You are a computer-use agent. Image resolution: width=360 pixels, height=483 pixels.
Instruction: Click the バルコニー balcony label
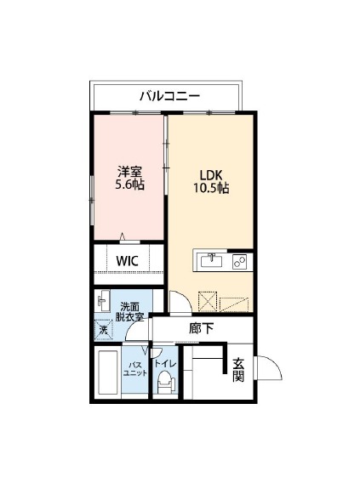[x=170, y=96]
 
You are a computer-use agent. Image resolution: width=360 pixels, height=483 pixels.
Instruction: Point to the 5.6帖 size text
[x=129, y=185]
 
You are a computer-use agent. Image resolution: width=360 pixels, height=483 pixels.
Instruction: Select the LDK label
[x=211, y=175]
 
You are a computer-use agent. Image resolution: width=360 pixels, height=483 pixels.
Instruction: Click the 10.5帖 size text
[x=211, y=188]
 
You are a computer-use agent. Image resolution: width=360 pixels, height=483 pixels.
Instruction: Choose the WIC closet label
[x=127, y=261]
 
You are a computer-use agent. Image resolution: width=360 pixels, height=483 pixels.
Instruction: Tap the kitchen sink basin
[x=211, y=261]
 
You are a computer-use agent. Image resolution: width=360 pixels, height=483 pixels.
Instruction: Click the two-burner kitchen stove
[x=239, y=262]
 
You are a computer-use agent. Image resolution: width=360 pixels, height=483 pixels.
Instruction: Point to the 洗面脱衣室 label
[x=129, y=312]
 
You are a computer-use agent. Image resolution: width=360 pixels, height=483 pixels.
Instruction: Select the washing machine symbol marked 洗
[x=103, y=331]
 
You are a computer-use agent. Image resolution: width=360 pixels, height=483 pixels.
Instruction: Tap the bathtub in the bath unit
[x=108, y=372]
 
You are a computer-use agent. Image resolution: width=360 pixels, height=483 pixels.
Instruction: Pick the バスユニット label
[x=135, y=369]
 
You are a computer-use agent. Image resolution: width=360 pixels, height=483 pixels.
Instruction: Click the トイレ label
[x=165, y=364]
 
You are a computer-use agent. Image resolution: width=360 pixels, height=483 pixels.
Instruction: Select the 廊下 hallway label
[x=201, y=329]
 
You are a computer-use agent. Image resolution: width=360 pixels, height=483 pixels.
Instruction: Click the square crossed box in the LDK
[x=208, y=301]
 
